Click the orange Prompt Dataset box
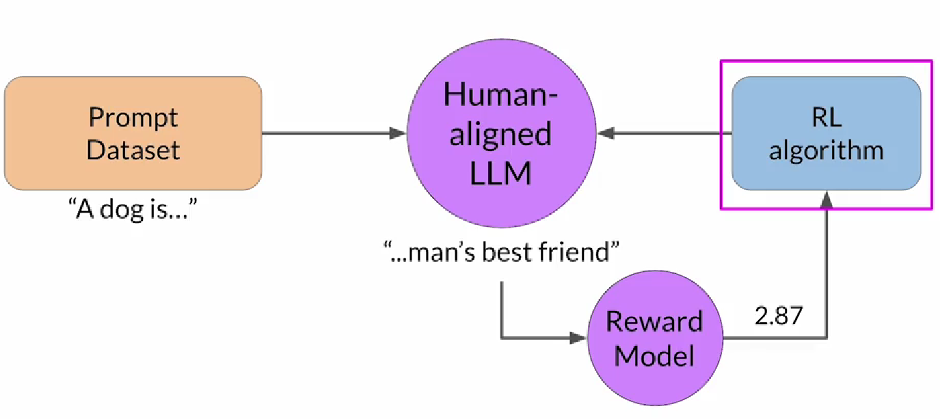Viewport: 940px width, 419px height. [x=133, y=133]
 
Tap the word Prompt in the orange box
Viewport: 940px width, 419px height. [x=133, y=117]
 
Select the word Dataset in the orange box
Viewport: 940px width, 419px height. [x=133, y=150]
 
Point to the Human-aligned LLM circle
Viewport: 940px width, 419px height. [x=500, y=133]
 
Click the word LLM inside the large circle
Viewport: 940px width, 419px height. [x=500, y=174]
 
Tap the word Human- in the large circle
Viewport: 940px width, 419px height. [x=500, y=94]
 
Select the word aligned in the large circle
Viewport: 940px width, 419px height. [x=500, y=134]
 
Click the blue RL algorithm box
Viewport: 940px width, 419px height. [x=826, y=133]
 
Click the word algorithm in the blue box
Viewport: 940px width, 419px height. [x=826, y=150]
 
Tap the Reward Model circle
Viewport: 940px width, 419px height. [x=654, y=338]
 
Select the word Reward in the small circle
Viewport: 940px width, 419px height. [x=654, y=321]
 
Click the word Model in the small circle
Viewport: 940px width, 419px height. [x=654, y=355]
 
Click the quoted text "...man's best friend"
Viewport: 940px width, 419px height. [x=500, y=252]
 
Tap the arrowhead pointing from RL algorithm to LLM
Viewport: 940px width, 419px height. [x=604, y=133]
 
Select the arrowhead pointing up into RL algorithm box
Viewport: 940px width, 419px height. [x=827, y=199]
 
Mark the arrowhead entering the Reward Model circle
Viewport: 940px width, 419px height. [x=579, y=338]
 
